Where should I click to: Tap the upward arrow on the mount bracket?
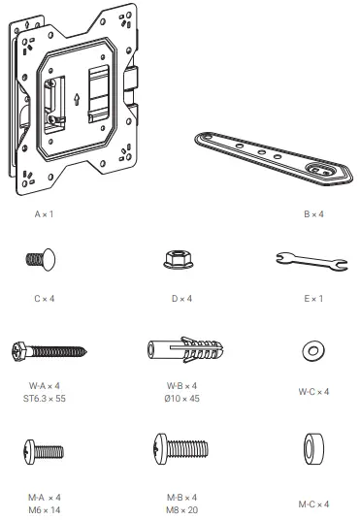click(77, 99)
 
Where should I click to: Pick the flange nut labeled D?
click(180, 259)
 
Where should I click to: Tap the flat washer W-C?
click(314, 349)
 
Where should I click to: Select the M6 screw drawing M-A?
click(44, 451)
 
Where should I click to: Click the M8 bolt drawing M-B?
click(180, 449)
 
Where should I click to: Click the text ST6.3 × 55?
click(44, 399)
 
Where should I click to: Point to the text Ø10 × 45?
click(180, 399)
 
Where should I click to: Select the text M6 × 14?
click(44, 507)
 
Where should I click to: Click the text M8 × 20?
click(180, 507)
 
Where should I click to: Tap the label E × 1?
click(314, 299)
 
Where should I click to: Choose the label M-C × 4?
click(314, 504)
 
